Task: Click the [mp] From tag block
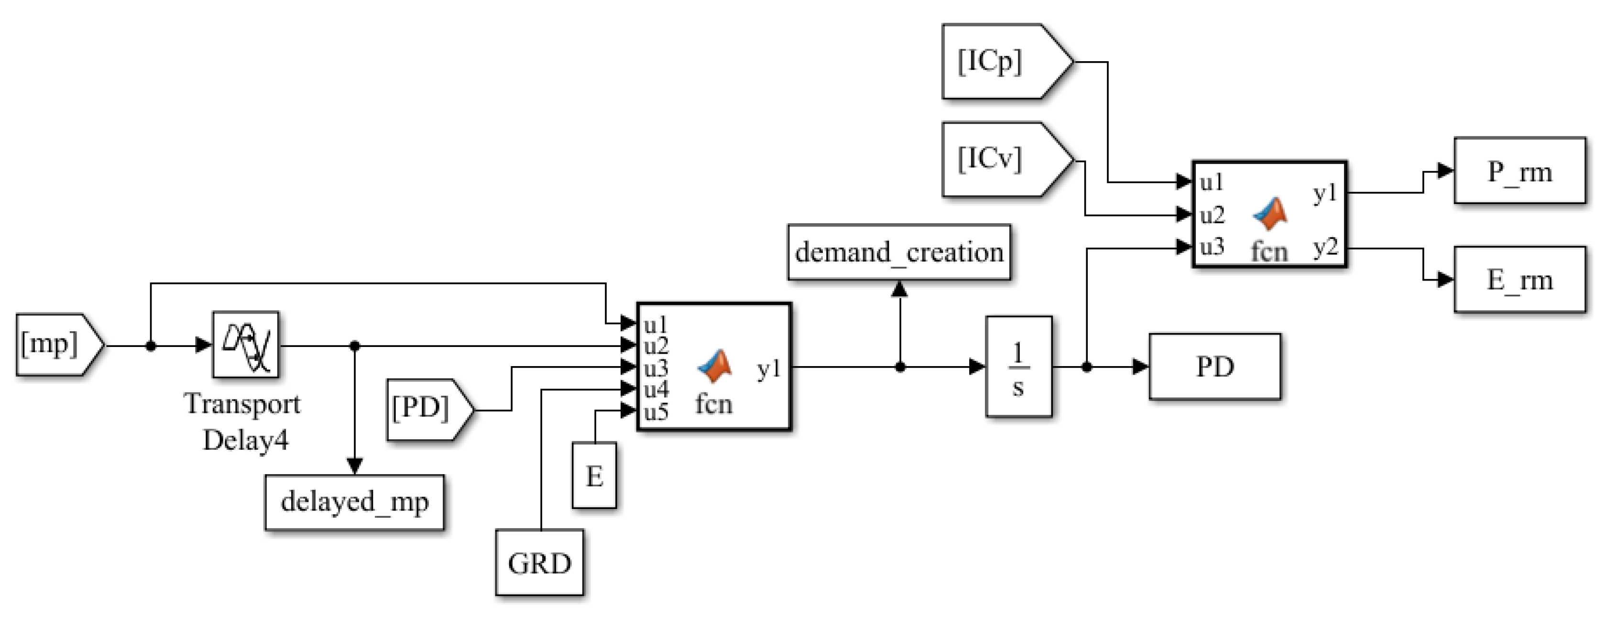(x=60, y=345)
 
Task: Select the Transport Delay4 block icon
(x=245, y=345)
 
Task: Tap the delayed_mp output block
(x=355, y=502)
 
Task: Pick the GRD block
(x=539, y=563)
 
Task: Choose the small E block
(x=594, y=475)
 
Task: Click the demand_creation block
(x=899, y=252)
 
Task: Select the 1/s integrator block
(x=1018, y=367)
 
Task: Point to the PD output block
(x=1214, y=367)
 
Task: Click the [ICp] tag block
(x=1007, y=62)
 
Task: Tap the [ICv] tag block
(x=1007, y=160)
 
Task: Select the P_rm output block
(x=1520, y=171)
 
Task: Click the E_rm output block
(x=1520, y=279)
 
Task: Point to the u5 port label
(x=656, y=412)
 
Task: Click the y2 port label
(x=1325, y=248)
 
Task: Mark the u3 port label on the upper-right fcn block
(x=1212, y=247)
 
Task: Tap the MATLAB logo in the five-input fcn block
(x=715, y=366)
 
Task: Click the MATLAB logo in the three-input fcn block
(x=1270, y=214)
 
